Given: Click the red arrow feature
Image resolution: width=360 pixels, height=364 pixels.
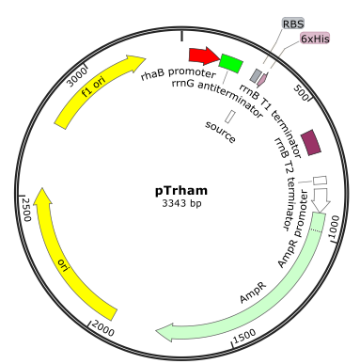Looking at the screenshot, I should coord(202,56).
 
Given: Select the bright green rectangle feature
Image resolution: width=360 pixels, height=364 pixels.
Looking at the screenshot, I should coord(230,63).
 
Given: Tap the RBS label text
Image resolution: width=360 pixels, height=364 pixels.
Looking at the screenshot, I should coord(293,24).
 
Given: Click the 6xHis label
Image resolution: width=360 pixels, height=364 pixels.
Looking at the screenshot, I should coord(315,39).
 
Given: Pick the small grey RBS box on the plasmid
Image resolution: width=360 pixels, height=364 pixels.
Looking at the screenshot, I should coord(255,75).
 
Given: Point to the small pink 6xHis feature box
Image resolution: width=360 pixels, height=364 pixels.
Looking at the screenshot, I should coord(262,80).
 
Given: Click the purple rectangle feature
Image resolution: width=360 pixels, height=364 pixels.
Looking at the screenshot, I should coord(311,142).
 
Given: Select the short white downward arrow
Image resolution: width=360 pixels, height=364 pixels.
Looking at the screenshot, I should coord(321,198).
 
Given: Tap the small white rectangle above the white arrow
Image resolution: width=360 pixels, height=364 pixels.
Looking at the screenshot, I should coord(320,180).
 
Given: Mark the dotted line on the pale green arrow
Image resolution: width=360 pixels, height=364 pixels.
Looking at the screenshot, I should coord(318,229).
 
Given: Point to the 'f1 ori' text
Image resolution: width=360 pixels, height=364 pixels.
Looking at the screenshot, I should coord(93,87).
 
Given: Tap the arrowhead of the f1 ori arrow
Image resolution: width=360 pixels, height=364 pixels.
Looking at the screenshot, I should coord(136,63).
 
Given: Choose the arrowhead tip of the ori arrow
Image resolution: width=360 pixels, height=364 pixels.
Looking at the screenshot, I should coord(39,191).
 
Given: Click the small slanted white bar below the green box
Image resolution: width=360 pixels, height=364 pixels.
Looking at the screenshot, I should coord(229,117).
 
